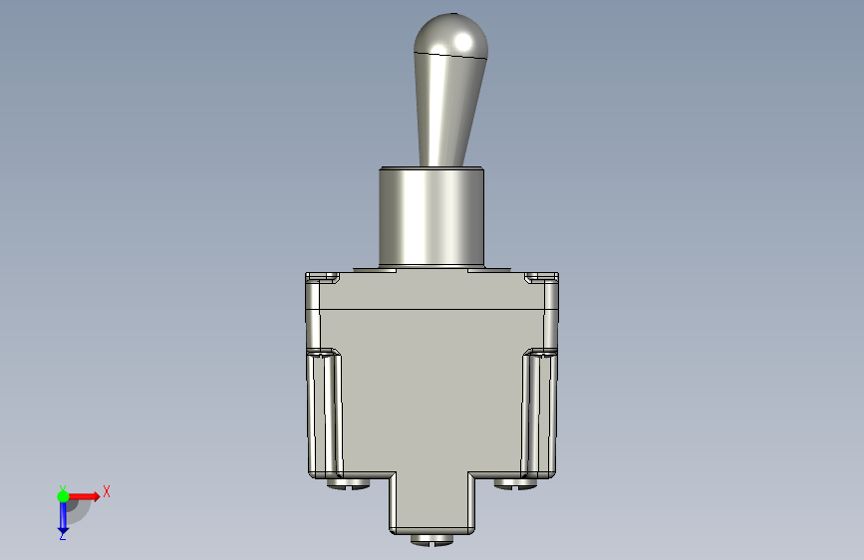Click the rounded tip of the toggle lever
(450, 34)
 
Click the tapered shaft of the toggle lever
(447, 111)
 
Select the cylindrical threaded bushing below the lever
(432, 218)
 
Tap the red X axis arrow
(84, 496)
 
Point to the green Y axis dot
(63, 496)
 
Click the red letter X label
(107, 491)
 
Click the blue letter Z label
(63, 535)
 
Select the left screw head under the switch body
(348, 483)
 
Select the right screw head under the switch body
(516, 483)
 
